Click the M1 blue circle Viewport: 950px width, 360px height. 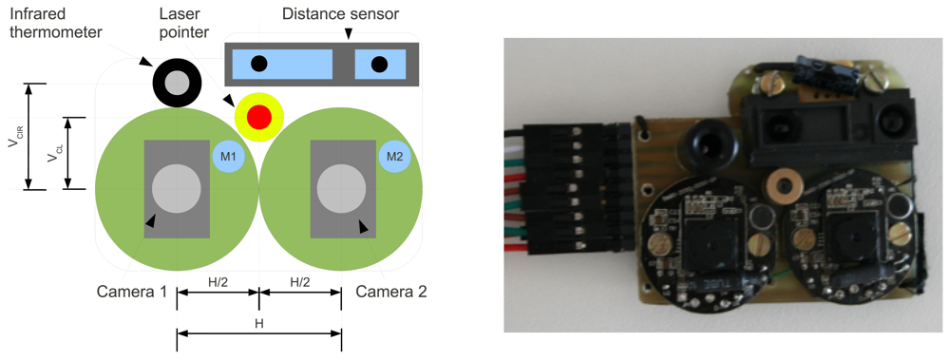tap(228, 156)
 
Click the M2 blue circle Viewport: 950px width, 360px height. tap(394, 156)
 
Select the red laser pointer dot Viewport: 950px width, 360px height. tap(258, 117)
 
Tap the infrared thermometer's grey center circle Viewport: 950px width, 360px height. tap(177, 84)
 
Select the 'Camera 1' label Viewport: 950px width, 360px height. tap(132, 292)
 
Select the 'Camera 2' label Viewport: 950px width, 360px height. tap(391, 292)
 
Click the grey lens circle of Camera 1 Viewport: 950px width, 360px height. tap(176, 188)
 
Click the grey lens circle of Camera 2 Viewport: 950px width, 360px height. tap(341, 188)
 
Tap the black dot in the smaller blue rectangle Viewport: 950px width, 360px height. tap(379, 65)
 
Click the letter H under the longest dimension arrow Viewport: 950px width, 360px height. tap(258, 323)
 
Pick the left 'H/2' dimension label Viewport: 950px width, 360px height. tap(218, 282)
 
